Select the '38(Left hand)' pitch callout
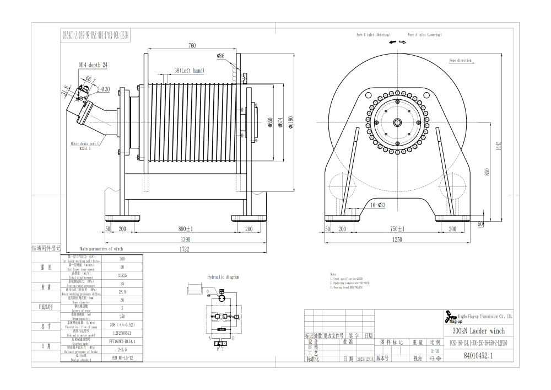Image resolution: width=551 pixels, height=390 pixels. pyautogui.click(x=188, y=71)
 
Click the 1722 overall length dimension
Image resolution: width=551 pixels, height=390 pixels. pyautogui.click(x=181, y=250)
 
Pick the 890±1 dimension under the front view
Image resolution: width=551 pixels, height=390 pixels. pyautogui.click(x=181, y=228)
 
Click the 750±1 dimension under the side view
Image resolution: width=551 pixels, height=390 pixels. pyautogui.click(x=397, y=228)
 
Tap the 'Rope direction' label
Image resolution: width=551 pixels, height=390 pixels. pyautogui.click(x=460, y=60)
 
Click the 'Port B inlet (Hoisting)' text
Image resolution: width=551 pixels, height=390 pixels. pyautogui.click(x=374, y=35)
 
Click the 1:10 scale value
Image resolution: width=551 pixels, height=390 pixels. pyautogui.click(x=435, y=350)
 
